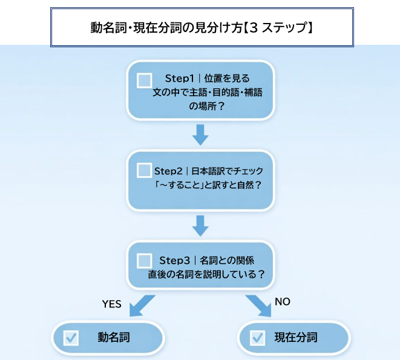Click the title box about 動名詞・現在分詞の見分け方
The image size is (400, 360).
[201, 27]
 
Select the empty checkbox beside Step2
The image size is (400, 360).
[145, 170]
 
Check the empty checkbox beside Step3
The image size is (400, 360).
[145, 260]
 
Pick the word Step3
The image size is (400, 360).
[175, 260]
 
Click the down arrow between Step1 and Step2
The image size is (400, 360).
[200, 134]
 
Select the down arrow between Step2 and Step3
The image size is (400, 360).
[200, 225]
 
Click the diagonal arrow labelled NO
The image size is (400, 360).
[259, 306]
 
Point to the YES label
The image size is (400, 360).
[111, 304]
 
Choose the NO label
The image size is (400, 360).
[283, 301]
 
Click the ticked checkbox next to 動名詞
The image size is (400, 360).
[71, 338]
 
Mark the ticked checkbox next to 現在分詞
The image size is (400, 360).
[257, 338]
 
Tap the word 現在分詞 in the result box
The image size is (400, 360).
[296, 337]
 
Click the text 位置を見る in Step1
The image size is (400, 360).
[228, 79]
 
